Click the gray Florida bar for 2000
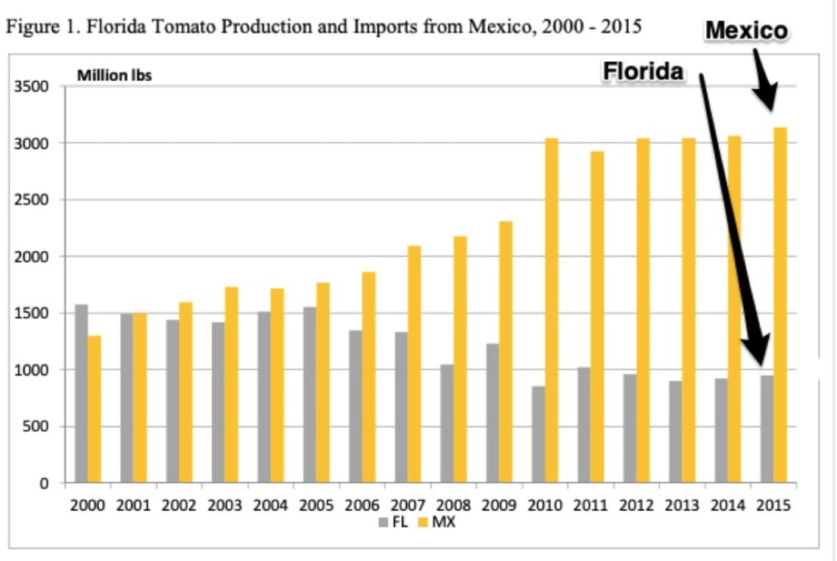[x=81, y=393]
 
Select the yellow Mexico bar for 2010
[x=552, y=310]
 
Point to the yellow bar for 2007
[x=414, y=364]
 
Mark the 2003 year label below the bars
[x=224, y=506]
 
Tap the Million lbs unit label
[x=114, y=76]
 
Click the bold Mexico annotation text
[x=746, y=30]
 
